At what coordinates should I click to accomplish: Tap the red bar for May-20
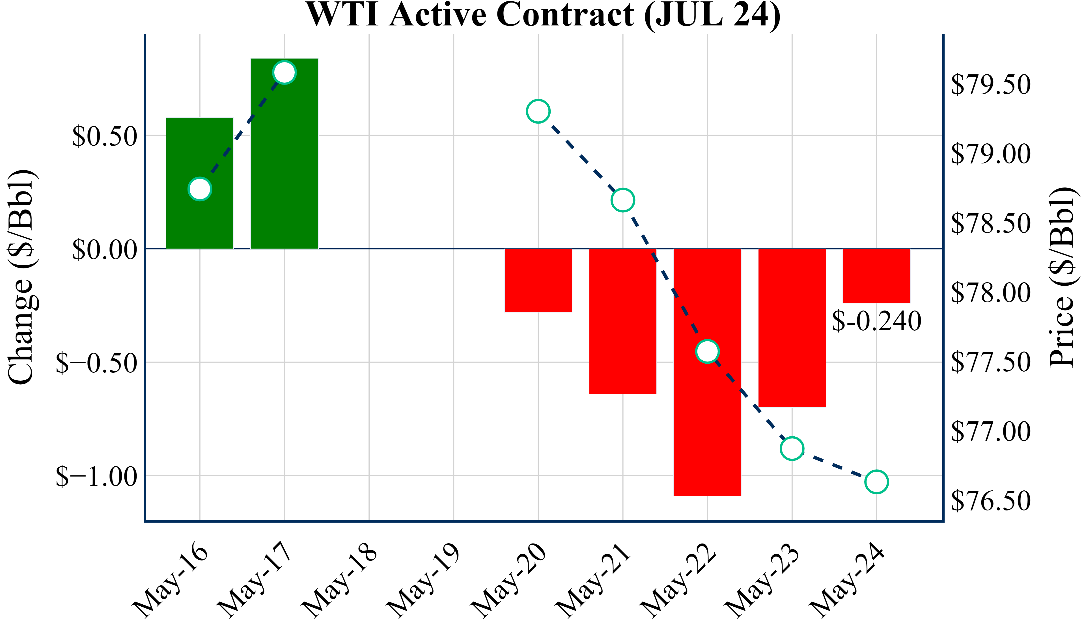(x=538, y=280)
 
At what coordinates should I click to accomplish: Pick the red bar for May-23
(x=792, y=327)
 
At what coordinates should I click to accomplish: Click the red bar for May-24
(x=876, y=276)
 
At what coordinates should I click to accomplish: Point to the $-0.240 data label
(x=876, y=321)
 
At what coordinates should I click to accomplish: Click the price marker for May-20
(x=538, y=111)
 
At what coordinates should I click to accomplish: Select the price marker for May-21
(x=623, y=200)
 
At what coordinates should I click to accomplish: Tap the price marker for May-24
(x=876, y=482)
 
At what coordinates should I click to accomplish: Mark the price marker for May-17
(x=285, y=72)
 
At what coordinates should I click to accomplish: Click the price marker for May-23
(x=792, y=448)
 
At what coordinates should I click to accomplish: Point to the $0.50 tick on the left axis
(x=105, y=136)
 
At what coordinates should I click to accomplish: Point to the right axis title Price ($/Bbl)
(x=1062, y=276)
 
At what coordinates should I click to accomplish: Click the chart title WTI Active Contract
(x=543, y=15)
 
